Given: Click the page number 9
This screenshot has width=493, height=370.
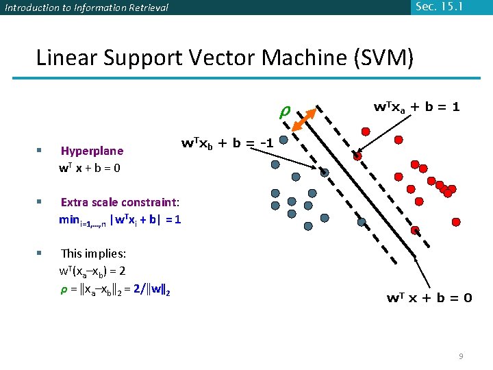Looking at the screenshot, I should (x=461, y=356).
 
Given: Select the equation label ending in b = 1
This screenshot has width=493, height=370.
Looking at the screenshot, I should (x=416, y=107).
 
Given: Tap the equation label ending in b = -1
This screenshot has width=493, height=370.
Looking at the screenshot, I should (x=227, y=144).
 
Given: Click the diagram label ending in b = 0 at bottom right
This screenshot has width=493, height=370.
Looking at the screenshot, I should (x=429, y=297).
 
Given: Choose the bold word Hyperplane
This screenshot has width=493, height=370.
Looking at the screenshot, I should (x=92, y=151).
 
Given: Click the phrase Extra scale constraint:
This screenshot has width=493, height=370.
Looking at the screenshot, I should (x=120, y=202).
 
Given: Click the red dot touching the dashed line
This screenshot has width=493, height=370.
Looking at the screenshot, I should (x=357, y=157).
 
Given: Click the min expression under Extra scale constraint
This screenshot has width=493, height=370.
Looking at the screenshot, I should (x=120, y=220).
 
